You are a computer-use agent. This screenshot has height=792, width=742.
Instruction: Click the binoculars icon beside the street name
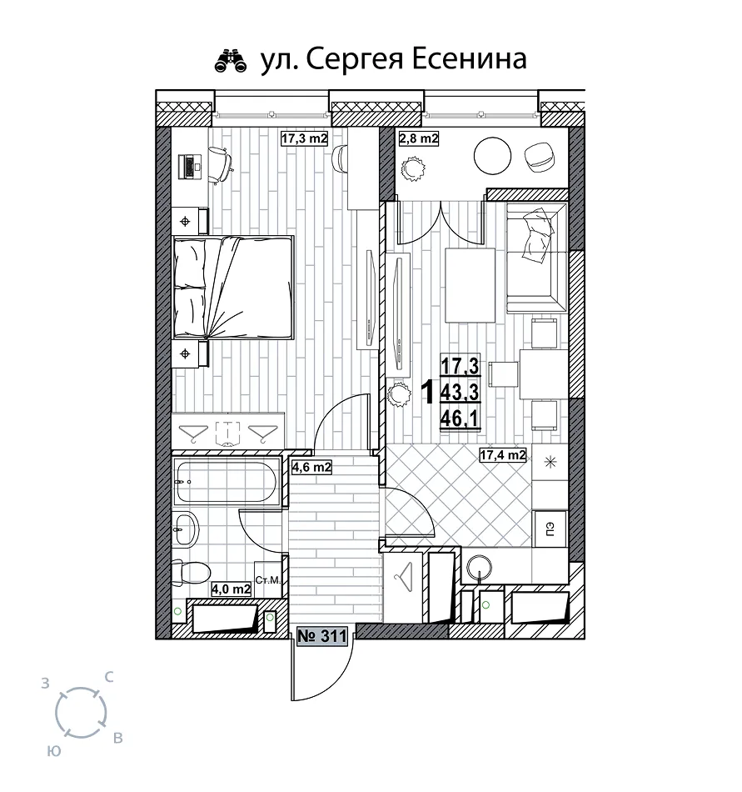tap(231, 61)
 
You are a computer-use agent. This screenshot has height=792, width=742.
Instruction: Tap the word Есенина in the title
tap(470, 58)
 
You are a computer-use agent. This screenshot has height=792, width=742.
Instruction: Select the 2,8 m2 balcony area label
tap(419, 138)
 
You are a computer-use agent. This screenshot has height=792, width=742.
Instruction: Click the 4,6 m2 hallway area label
tap(311, 467)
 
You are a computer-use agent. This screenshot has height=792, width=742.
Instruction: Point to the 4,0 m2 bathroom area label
tap(231, 589)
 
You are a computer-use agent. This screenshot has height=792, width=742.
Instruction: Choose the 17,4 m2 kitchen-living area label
tap(503, 455)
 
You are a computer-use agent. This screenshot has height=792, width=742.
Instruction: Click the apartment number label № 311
tap(322, 635)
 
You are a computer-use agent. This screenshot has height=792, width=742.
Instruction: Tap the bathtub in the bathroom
tap(227, 481)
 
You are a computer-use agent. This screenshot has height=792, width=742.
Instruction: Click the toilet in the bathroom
tap(190, 573)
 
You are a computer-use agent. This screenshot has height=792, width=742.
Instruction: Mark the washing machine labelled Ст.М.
tap(268, 580)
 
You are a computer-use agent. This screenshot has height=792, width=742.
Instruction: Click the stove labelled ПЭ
tap(550, 529)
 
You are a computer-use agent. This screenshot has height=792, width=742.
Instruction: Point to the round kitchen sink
tap(479, 567)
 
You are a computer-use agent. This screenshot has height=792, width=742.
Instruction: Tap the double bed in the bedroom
tap(233, 287)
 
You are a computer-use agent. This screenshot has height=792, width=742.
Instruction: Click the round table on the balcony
tap(493, 156)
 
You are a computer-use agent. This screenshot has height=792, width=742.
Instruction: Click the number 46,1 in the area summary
tap(460, 419)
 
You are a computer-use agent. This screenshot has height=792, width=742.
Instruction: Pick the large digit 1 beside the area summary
tap(428, 392)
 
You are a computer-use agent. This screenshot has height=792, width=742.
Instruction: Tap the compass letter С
tap(109, 677)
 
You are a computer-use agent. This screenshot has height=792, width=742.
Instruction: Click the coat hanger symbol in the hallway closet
tap(403, 577)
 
